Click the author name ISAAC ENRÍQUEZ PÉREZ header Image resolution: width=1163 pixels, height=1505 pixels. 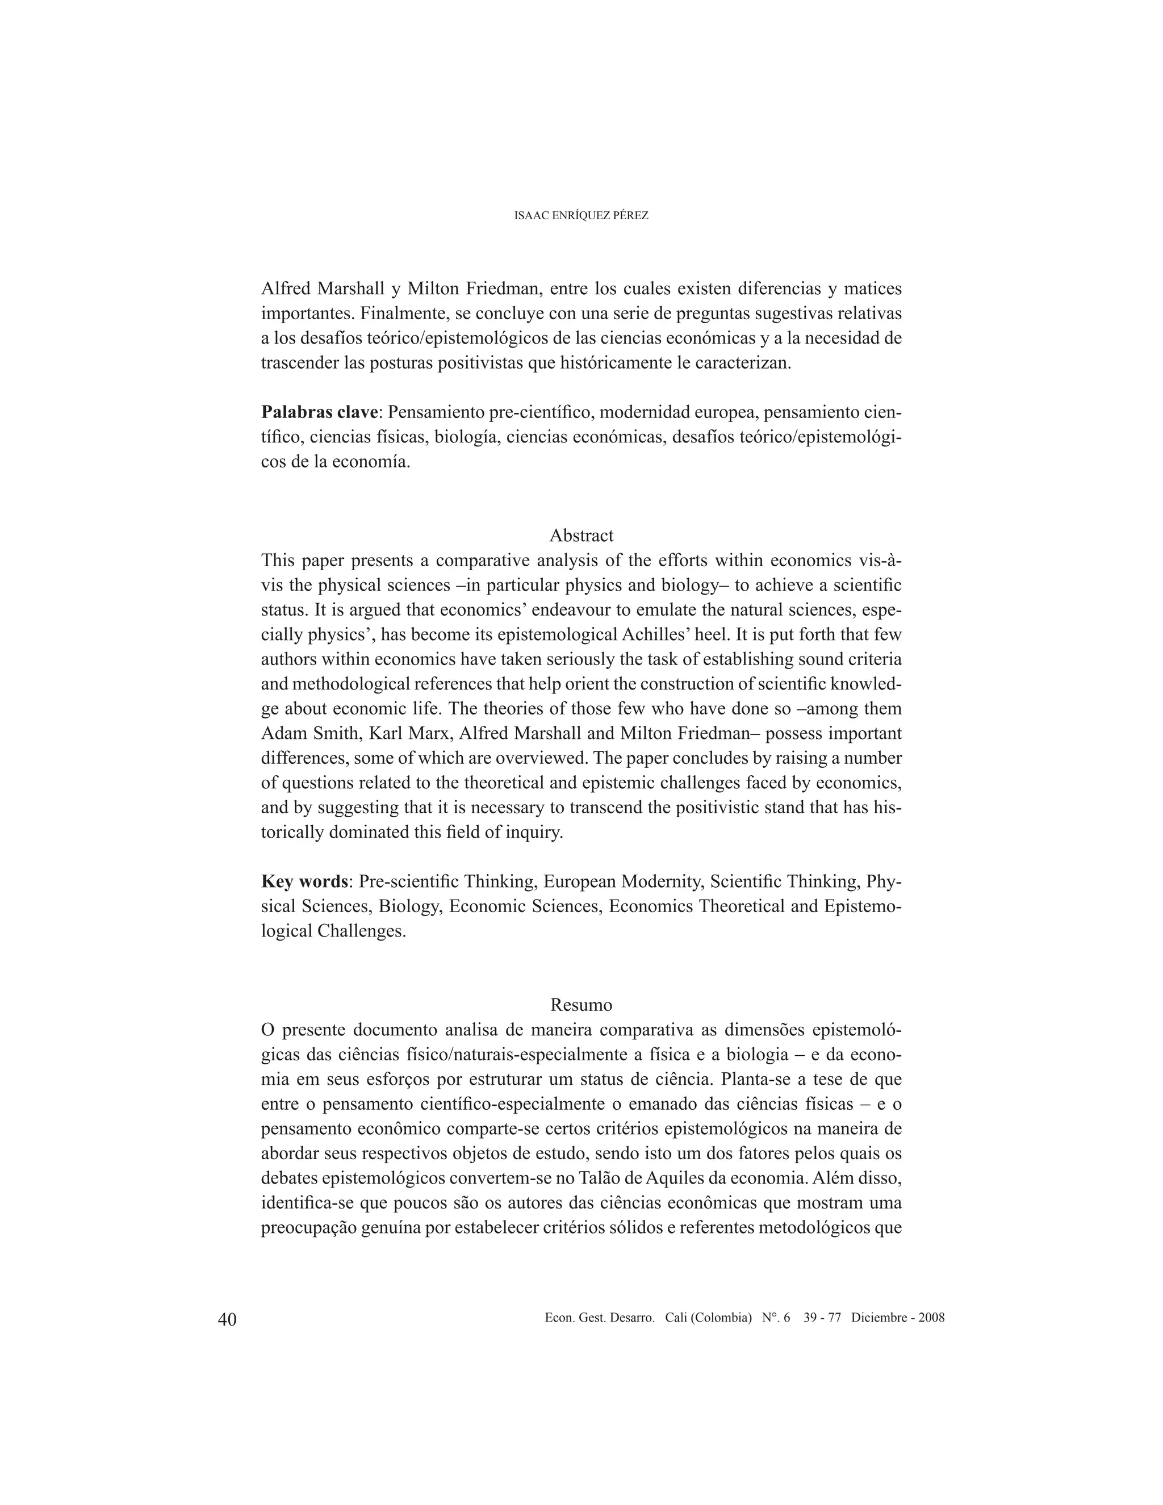[581, 216]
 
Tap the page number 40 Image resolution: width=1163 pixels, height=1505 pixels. [227, 1319]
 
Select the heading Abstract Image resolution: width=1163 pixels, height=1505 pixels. [581, 536]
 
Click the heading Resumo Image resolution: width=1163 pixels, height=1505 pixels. [581, 1005]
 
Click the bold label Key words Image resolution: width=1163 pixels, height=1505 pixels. [304, 881]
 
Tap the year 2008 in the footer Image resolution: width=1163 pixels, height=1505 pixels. [931, 1318]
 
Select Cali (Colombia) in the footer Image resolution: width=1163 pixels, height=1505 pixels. [708, 1318]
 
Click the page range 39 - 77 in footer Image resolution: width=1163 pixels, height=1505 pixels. [822, 1318]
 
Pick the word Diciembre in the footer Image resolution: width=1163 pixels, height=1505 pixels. [878, 1318]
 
